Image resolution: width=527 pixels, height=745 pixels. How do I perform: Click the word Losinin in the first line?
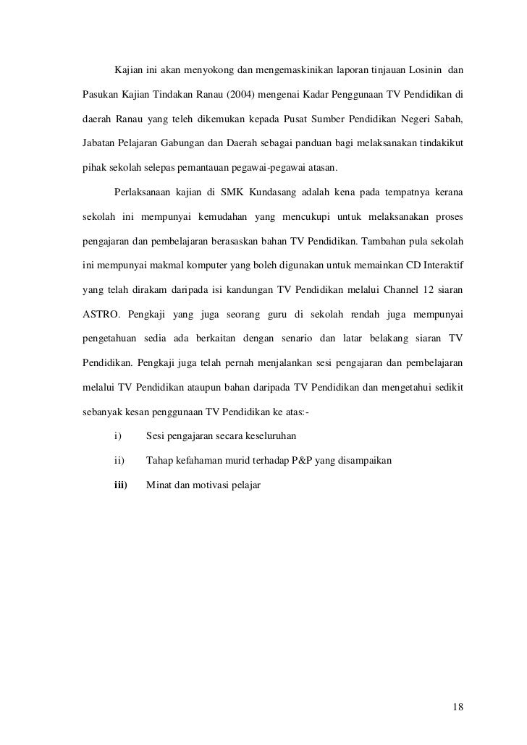pos(428,70)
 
